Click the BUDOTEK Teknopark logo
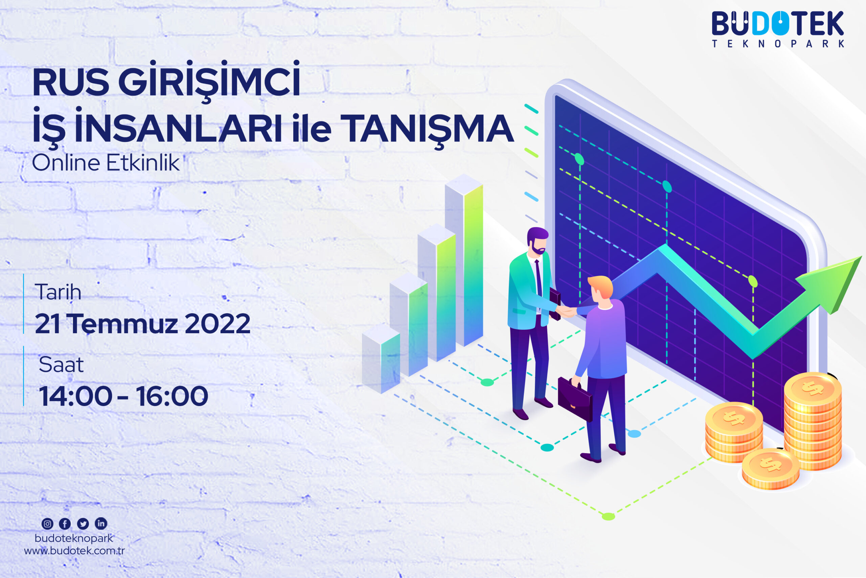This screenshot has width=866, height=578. (x=778, y=29)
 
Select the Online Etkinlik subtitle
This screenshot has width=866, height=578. (x=106, y=163)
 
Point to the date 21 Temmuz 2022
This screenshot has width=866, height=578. (x=142, y=324)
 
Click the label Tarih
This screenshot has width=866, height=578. (x=58, y=292)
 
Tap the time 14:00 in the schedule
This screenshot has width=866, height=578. (x=75, y=396)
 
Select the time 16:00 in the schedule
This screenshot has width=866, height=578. (x=172, y=396)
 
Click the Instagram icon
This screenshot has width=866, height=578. (x=47, y=523)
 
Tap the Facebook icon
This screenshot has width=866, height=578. (x=65, y=523)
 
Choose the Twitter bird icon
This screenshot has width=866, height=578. (x=83, y=523)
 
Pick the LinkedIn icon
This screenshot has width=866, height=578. (x=101, y=523)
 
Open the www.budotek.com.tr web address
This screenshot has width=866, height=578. (x=74, y=551)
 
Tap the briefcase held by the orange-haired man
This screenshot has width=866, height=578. (x=575, y=399)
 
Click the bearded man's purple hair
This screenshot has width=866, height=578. (x=538, y=235)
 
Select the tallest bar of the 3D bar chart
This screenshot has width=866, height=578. (x=464, y=260)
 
